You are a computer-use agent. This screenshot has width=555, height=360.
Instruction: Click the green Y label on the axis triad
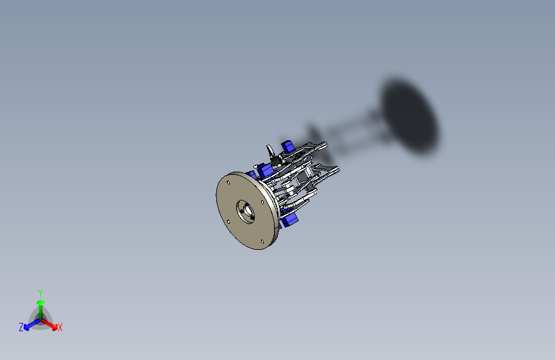(40, 292)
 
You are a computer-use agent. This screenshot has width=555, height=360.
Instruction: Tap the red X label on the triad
(60, 328)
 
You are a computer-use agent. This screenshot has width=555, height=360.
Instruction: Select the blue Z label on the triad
(21, 327)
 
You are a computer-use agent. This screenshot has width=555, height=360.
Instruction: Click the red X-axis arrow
(51, 323)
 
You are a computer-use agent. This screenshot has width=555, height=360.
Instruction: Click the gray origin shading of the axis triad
(40, 319)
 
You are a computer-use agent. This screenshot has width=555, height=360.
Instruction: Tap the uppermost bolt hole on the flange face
(229, 182)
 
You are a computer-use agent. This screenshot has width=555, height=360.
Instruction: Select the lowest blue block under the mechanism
(290, 220)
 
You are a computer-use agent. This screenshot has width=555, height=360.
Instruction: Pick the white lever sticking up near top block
(271, 152)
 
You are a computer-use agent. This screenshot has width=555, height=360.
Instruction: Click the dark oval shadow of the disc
(410, 116)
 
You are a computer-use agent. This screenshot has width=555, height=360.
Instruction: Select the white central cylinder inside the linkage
(292, 190)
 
